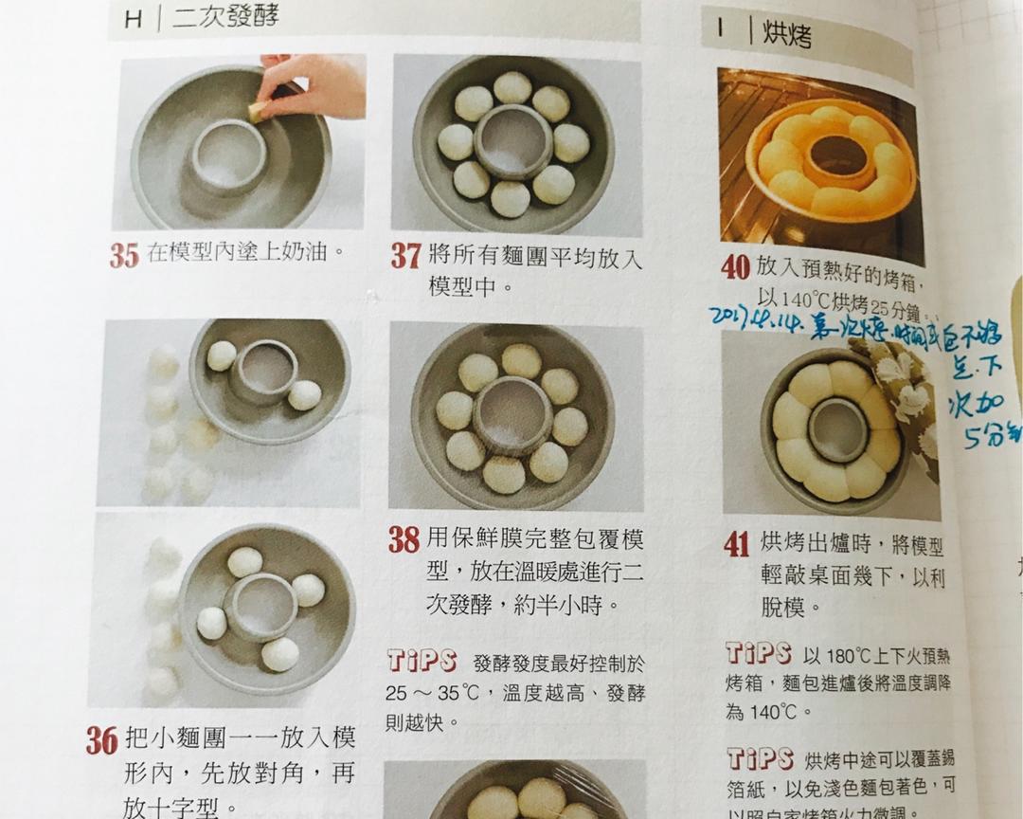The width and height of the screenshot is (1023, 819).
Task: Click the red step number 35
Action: (123, 256)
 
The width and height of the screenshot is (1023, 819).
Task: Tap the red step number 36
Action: (101, 740)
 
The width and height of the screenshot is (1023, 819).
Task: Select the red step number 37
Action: (405, 256)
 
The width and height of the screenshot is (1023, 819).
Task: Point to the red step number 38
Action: (404, 540)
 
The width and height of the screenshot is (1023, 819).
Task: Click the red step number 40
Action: (735, 267)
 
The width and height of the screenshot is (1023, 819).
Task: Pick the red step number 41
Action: (736, 544)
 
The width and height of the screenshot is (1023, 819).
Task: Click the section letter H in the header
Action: (134, 19)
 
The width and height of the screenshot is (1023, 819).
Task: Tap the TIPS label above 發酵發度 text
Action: (422, 661)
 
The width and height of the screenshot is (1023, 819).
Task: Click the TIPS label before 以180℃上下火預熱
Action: (758, 653)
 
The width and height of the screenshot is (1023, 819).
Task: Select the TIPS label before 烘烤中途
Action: (759, 758)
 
